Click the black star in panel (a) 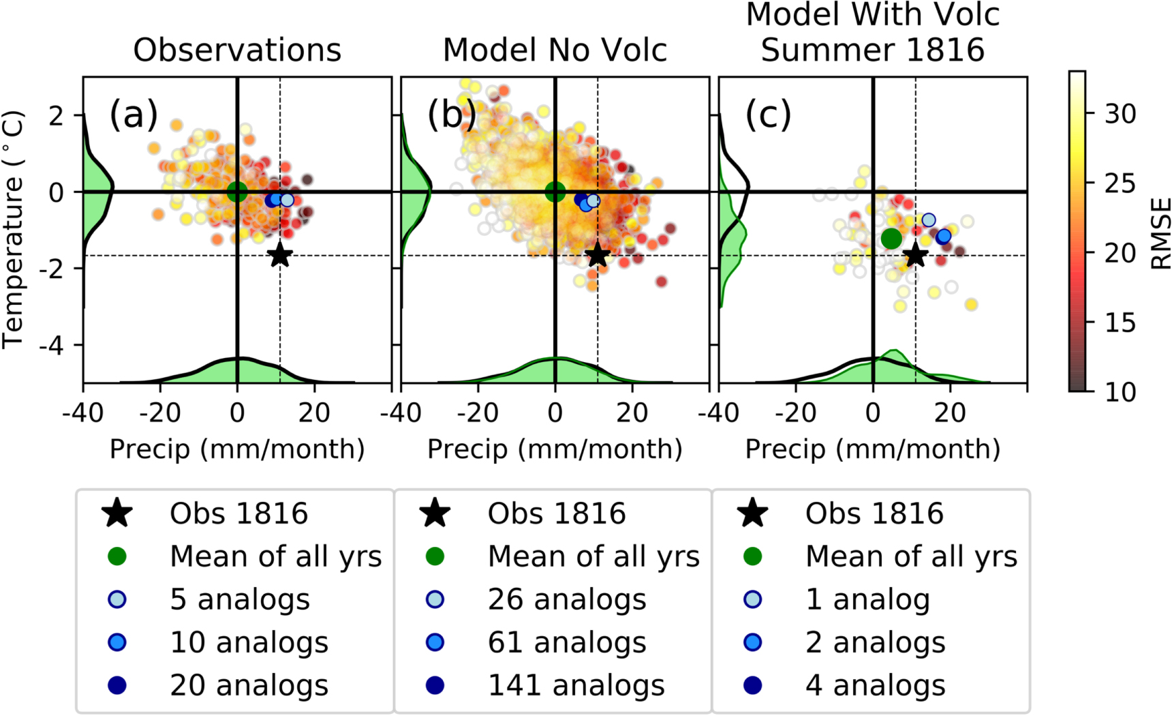pos(280,256)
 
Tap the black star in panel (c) pos(916,256)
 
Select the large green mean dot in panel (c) pos(891,239)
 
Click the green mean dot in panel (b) pos(555,192)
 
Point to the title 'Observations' pos(237,50)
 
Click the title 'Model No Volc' pos(555,50)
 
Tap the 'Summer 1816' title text pos(873,50)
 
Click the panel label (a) pos(134,114)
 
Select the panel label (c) pos(768,114)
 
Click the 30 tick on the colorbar pos(1120,113)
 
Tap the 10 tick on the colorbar pos(1120,391)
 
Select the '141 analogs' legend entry pos(576,685)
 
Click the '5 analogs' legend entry pos(240,599)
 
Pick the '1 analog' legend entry pos(867,599)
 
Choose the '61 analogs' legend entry pos(567,642)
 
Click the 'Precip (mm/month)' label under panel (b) pos(555,449)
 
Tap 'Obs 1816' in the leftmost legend pos(238,513)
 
